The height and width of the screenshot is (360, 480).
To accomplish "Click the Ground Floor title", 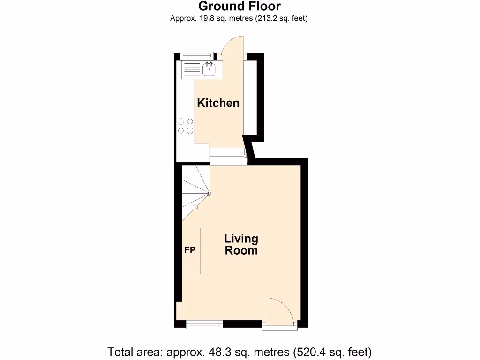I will [x=240, y=6].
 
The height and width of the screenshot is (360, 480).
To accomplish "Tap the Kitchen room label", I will [x=218, y=103].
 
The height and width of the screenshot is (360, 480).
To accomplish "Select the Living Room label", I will [x=241, y=244].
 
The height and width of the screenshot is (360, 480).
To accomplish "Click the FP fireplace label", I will [x=189, y=250].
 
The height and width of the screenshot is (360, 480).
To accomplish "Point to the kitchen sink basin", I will [x=209, y=70].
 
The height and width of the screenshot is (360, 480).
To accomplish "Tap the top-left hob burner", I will [x=181, y=122].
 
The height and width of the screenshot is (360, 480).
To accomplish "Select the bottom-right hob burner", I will [x=190, y=130].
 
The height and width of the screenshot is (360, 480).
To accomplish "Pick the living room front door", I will [x=280, y=311].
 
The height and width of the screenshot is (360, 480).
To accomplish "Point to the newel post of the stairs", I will [x=210, y=193].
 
